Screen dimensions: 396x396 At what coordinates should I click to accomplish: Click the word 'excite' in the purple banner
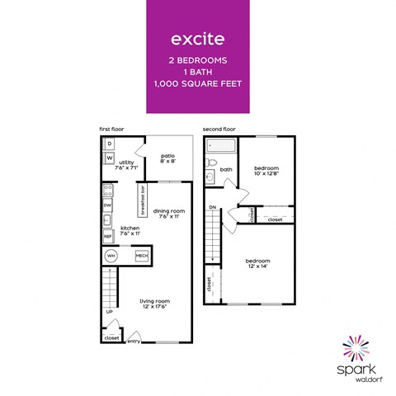pos(197,38)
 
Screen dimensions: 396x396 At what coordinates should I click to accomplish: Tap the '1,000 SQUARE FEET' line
pos(197,84)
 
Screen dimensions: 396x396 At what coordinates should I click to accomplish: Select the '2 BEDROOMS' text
pos(197,60)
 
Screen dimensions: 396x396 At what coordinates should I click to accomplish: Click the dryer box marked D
pos(109,144)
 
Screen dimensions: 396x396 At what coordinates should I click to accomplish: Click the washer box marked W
pos(109,158)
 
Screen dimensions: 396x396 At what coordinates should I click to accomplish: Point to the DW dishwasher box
pos(108,205)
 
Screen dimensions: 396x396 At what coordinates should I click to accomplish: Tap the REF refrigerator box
pos(108,236)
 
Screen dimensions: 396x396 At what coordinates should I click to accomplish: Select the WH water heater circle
pos(111,257)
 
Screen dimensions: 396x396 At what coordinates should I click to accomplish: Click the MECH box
pos(141,257)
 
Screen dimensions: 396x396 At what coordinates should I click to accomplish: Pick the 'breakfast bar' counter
pos(142,199)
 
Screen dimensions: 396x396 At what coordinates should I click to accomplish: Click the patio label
pos(167,158)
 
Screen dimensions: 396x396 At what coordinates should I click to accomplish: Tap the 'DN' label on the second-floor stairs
pos(212,207)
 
